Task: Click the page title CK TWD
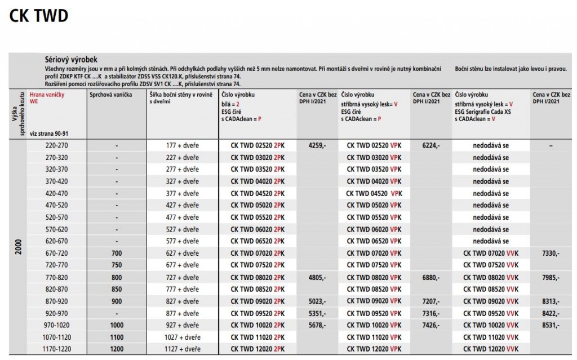39,16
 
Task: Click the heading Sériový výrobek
72,59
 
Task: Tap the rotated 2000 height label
19,248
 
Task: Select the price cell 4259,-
317,145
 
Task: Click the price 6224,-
431,145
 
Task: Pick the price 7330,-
550,254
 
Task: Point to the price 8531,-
550,325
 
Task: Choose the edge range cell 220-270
56,145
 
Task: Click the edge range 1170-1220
56,349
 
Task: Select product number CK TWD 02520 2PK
258,145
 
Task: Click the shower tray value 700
117,254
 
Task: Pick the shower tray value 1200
117,349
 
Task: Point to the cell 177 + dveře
183,145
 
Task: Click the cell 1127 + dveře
183,349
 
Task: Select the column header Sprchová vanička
111,95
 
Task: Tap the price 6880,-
431,277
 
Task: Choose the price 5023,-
317,301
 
